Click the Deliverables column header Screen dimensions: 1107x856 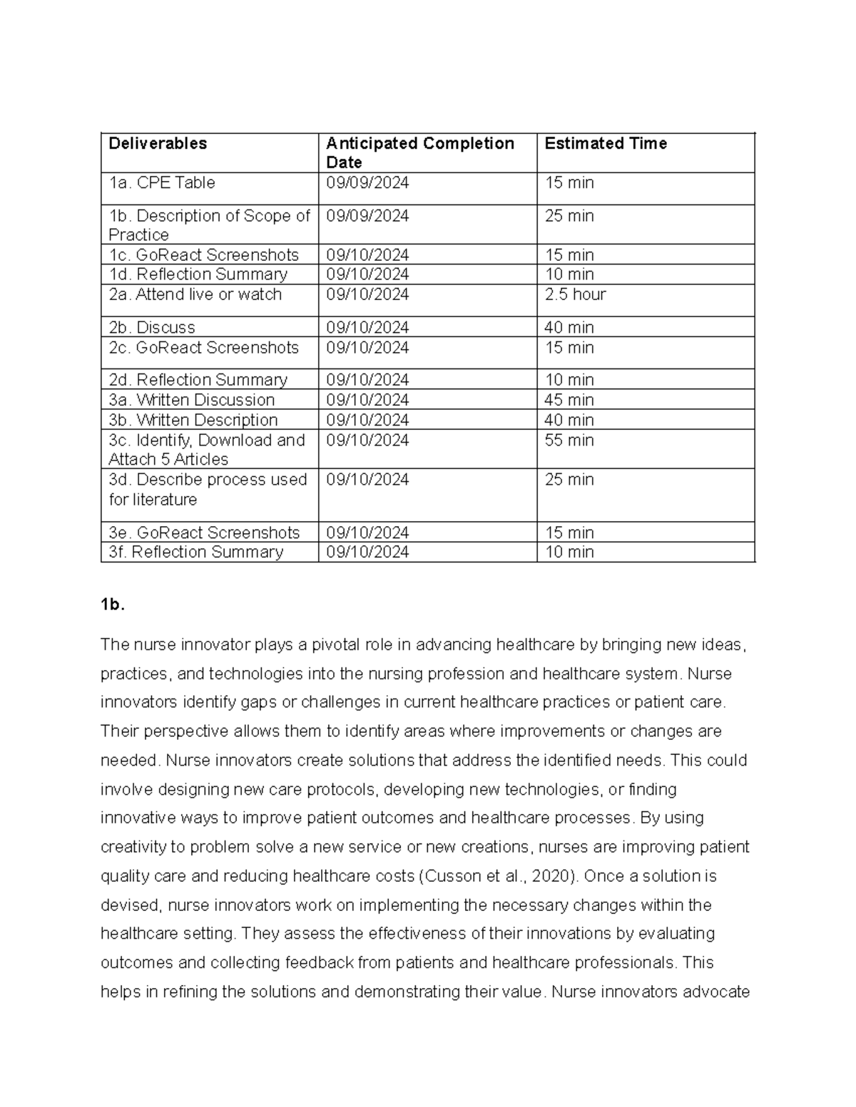[x=158, y=143]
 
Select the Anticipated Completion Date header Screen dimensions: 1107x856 [x=419, y=153]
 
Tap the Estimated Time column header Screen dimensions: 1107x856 [x=606, y=143]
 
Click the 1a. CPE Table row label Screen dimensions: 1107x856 [x=162, y=182]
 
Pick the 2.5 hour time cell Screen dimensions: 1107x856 [x=575, y=294]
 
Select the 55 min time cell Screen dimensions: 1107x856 [x=569, y=440]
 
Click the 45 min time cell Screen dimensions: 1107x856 [x=569, y=400]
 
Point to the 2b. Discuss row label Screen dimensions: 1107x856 [x=152, y=327]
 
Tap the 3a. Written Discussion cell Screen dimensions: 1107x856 [x=192, y=400]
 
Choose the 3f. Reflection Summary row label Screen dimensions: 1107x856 [x=196, y=552]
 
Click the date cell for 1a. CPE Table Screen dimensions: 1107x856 [x=367, y=182]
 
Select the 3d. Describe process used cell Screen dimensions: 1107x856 [x=208, y=489]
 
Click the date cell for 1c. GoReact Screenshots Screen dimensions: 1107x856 [x=367, y=254]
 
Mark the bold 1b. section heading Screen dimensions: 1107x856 [x=113, y=604]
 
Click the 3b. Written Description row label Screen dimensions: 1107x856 [x=193, y=420]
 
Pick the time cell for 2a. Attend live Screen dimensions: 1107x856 [x=575, y=294]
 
